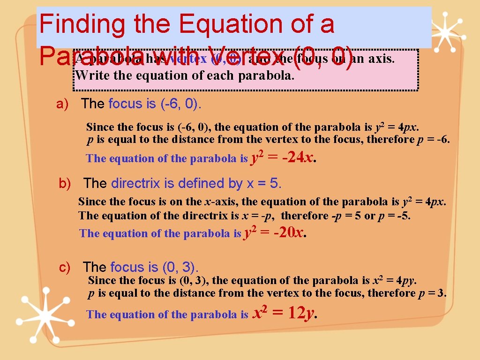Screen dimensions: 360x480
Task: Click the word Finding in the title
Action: [x=82, y=24]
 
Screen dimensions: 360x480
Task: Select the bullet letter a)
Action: [x=62, y=104]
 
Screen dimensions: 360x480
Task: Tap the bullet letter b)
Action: [x=65, y=184]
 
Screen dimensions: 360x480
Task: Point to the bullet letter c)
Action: [x=65, y=268]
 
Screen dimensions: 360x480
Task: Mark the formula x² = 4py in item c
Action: [x=394, y=281]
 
